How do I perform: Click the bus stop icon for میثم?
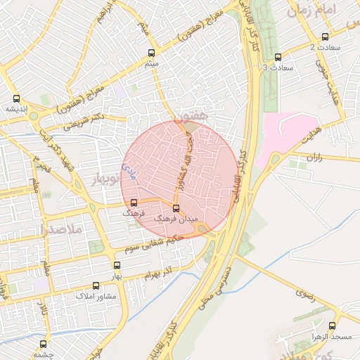(x=152, y=53)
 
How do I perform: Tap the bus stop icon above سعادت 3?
(x=278, y=57)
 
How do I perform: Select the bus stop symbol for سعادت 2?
(x=324, y=37)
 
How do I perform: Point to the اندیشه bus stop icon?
(x=16, y=98)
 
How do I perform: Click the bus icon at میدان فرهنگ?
(x=176, y=208)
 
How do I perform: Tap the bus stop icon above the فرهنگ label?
(x=134, y=202)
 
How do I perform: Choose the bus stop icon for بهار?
(x=117, y=266)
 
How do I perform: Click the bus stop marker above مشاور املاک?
(x=96, y=285)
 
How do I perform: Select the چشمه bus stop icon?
(x=44, y=345)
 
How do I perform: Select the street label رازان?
(x=314, y=157)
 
